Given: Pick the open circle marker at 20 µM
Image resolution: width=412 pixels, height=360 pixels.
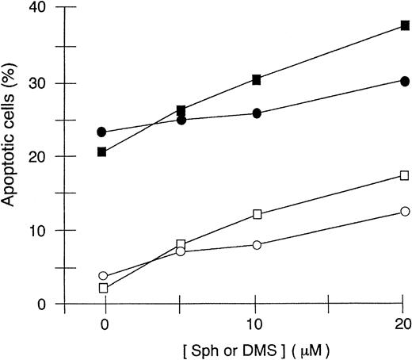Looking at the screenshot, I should coord(405,211).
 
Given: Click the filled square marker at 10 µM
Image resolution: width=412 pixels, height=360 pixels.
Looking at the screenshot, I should coord(257,79).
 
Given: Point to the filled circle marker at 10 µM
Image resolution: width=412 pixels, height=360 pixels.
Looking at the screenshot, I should coord(257,113).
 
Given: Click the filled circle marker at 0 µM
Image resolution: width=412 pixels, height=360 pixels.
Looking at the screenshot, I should coord(102,132).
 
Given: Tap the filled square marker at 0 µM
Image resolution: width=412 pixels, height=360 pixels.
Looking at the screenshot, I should coord(102,151).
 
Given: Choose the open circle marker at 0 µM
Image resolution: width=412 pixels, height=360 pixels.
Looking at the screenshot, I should coord(102,276).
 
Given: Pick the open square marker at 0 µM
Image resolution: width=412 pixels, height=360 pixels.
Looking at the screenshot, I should coord(102,288).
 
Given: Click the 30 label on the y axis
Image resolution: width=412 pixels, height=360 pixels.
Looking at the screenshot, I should coord(37,83).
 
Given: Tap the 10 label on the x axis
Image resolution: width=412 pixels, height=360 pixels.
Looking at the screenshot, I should coord(257,324).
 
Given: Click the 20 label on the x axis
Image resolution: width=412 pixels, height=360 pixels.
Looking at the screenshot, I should coord(403,324).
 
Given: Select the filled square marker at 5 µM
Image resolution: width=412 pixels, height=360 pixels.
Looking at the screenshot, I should coord(181,110).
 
